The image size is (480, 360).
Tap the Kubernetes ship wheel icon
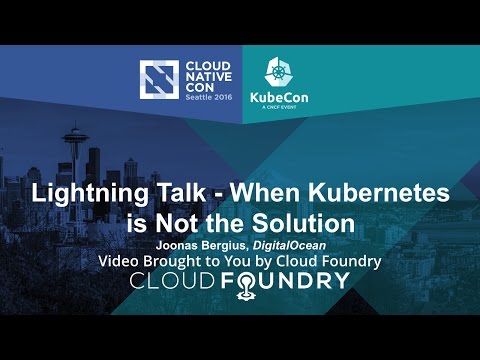[284, 71]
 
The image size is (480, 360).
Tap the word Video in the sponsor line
[119, 260]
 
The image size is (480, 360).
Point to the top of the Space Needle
[77, 128]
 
